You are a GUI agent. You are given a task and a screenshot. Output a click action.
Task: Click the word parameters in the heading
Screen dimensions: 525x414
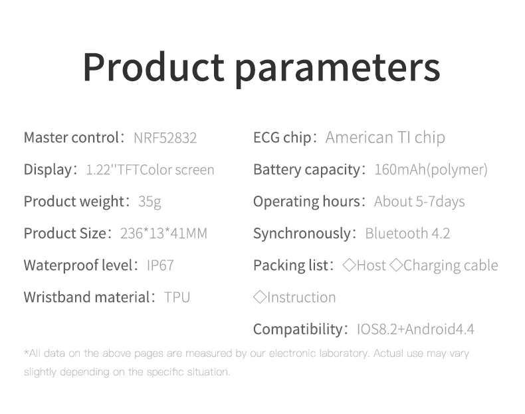[x=338, y=70]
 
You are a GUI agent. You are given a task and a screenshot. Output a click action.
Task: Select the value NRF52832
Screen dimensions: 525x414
[x=165, y=138]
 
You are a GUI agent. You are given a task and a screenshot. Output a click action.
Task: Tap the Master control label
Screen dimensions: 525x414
[x=71, y=137]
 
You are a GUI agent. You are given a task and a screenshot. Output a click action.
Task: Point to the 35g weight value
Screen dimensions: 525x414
[x=150, y=202]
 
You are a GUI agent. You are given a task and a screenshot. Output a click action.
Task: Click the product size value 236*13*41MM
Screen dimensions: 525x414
[x=163, y=234]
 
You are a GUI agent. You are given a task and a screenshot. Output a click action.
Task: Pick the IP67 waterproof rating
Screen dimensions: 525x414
[x=160, y=265]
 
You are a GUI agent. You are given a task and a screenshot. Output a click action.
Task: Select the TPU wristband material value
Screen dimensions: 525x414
[x=177, y=298]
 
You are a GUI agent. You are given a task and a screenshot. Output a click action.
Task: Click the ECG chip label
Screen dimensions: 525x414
[x=282, y=138]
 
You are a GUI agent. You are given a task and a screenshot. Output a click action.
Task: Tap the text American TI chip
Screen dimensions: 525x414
[x=385, y=138]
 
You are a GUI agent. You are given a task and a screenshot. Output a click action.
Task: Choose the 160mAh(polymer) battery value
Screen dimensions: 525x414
[x=431, y=170]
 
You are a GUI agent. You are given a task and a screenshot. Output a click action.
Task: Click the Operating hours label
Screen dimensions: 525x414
[x=307, y=202]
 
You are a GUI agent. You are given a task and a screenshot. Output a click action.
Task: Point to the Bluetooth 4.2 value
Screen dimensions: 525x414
[x=407, y=234]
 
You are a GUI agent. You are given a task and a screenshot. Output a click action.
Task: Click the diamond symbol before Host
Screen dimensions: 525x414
[x=349, y=265]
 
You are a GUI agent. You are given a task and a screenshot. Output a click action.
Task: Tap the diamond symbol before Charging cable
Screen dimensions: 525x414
[x=397, y=265]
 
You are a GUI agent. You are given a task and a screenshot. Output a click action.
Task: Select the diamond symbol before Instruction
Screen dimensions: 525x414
[x=260, y=297]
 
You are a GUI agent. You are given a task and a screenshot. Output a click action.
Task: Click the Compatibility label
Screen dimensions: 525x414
[x=298, y=329]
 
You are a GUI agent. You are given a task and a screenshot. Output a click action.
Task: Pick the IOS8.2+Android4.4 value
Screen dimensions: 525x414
[x=415, y=329]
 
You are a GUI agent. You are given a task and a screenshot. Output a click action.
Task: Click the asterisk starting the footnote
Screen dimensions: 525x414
[x=26, y=351]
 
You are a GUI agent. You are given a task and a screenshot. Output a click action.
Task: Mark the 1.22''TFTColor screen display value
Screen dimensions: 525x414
[x=150, y=170]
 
